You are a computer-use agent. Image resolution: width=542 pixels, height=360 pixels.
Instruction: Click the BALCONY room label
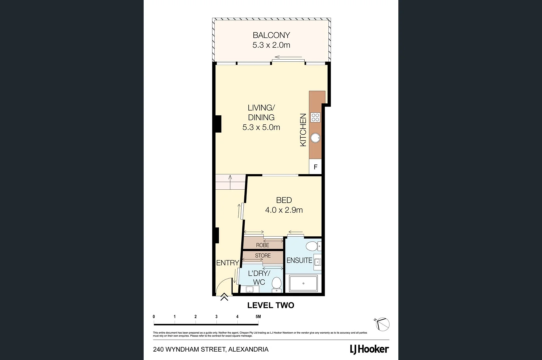pos(271,35)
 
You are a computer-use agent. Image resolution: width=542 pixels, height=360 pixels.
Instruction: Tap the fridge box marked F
pos(315,167)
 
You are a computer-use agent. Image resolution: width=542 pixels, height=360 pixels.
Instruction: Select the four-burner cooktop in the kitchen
pos(315,117)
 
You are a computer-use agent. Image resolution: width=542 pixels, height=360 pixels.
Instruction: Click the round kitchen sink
pos(315,138)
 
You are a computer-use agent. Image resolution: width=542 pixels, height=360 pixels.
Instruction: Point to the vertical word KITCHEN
pos(303,130)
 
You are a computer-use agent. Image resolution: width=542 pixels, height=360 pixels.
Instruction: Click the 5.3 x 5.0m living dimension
pos(261,127)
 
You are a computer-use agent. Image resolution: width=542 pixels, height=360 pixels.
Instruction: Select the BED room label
pos(284,200)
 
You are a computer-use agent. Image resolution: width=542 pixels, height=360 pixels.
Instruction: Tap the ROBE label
pos(263,245)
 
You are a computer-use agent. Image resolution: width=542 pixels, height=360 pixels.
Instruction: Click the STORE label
pos(263,256)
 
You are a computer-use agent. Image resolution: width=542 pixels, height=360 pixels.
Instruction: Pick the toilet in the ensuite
pos(312,247)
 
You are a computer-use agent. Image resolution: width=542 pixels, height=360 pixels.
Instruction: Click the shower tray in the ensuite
pos(303,283)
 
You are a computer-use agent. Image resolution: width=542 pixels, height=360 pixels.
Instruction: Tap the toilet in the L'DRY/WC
pos(277,284)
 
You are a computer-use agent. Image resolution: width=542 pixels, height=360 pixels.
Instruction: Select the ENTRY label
pos(228,263)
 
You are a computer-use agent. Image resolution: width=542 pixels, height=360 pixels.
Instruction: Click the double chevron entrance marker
pos(224,297)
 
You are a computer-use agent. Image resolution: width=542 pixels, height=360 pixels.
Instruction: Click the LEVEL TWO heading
pos(271,305)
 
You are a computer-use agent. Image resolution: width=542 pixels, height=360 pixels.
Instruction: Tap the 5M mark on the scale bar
pos(258,317)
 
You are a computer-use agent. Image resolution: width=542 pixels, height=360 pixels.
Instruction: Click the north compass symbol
pos(382,324)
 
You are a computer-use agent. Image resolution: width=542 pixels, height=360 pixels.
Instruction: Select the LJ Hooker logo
pos(369,349)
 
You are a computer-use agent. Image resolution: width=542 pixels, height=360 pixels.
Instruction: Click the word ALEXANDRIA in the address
pos(248,349)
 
